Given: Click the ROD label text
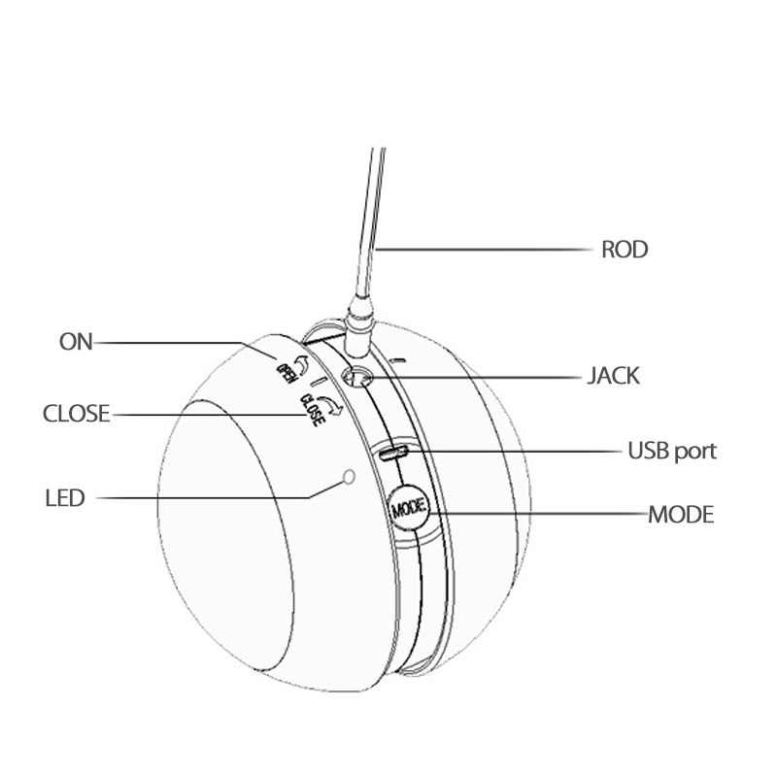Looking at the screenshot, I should coord(625,250).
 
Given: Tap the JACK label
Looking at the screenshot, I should coord(614,376).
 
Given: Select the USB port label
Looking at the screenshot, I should coord(671,451).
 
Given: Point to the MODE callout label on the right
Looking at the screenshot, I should coord(680,514).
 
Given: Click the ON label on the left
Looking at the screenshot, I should coord(76,342).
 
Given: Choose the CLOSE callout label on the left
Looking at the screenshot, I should coord(76,414).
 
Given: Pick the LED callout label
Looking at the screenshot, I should coord(65,498).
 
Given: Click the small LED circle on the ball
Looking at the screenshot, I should coord(349,477).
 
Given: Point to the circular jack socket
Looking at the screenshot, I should coord(355,378).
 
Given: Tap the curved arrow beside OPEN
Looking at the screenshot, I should coord(300,362).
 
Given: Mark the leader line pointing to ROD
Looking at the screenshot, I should coord(486,250).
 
